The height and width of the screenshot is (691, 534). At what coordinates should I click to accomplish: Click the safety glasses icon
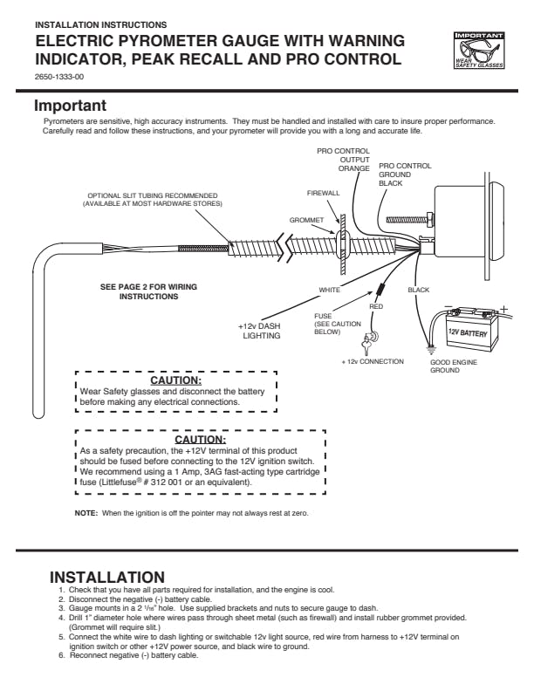point(479,51)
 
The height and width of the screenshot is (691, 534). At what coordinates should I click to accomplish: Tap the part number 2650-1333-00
point(59,77)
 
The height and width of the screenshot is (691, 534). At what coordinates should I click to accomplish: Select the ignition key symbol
point(369,343)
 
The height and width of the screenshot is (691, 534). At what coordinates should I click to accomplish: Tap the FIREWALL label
point(324,193)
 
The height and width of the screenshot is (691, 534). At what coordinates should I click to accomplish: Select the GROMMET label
point(306,220)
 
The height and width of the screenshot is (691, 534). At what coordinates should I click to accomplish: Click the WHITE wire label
point(330,290)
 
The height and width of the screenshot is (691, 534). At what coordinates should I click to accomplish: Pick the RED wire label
point(376,306)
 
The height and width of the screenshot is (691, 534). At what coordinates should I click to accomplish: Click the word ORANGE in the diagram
point(353,168)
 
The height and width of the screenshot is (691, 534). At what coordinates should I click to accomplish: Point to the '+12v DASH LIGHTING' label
point(259,331)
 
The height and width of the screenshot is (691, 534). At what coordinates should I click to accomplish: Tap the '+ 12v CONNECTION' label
point(373,361)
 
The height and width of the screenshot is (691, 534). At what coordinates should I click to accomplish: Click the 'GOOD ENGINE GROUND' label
point(454,366)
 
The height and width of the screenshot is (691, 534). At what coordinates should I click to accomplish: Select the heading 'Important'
point(71,106)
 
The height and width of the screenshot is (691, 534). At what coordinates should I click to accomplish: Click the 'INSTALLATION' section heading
point(107,578)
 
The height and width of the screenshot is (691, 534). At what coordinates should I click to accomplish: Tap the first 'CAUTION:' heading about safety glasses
point(175,380)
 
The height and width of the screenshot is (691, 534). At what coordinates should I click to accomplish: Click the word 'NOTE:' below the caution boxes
point(86,513)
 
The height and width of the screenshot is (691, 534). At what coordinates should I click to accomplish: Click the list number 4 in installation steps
point(62,618)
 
